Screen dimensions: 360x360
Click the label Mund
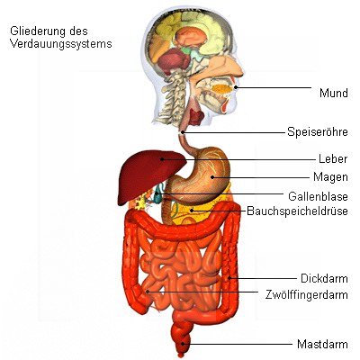pyautogui.click(x=334, y=93)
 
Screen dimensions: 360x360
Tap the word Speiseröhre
pyautogui.click(x=318, y=131)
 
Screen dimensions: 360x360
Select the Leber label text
pyautogui.click(x=333, y=158)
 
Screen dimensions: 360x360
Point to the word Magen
pyautogui.click(x=330, y=177)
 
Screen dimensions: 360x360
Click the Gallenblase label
pyautogui.click(x=318, y=196)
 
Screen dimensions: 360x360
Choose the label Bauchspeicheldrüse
pyautogui.click(x=297, y=211)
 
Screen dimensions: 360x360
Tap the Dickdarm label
pyautogui.click(x=324, y=278)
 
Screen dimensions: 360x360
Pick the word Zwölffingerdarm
pyautogui.click(x=307, y=294)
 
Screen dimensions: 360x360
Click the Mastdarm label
pyautogui.click(x=322, y=344)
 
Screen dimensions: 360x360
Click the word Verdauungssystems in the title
pyautogui.click(x=61, y=44)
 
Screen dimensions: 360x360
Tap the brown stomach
pyautogui.click(x=198, y=177)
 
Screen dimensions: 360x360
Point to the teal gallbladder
pyautogui.click(x=157, y=195)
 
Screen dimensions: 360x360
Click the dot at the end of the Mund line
pyautogui.click(x=236, y=87)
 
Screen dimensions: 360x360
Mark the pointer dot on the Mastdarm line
pyautogui.click(x=183, y=344)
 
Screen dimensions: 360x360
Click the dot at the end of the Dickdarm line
pyautogui.click(x=229, y=278)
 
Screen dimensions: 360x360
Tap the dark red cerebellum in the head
pyautogui.click(x=173, y=61)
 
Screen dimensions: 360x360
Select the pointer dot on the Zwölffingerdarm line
pyautogui.click(x=148, y=292)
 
